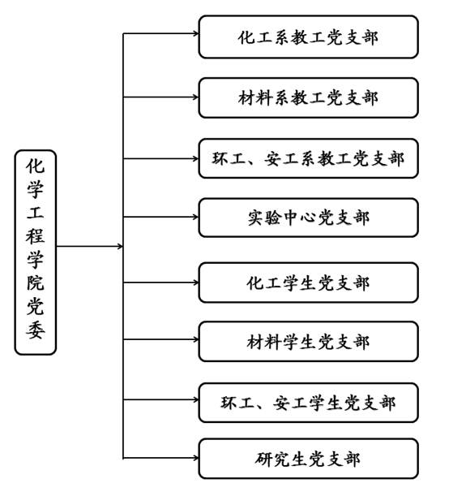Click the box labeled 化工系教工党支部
[309, 37]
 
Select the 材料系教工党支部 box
[309, 97]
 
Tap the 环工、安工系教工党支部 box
[309, 158]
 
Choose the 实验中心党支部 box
[309, 218]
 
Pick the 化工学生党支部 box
[309, 283]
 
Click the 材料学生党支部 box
[309, 342]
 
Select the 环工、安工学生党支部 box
[309, 403]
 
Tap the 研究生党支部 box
[309, 459]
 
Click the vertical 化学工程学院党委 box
[36, 252]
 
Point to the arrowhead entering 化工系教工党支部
[196, 33]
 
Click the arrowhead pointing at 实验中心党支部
[196, 217]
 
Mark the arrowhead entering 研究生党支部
[196, 458]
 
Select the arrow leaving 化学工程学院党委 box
[90, 246]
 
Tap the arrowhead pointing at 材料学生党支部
[196, 339]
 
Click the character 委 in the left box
[36, 330]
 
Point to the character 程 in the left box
[36, 235]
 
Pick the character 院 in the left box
[36, 283]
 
